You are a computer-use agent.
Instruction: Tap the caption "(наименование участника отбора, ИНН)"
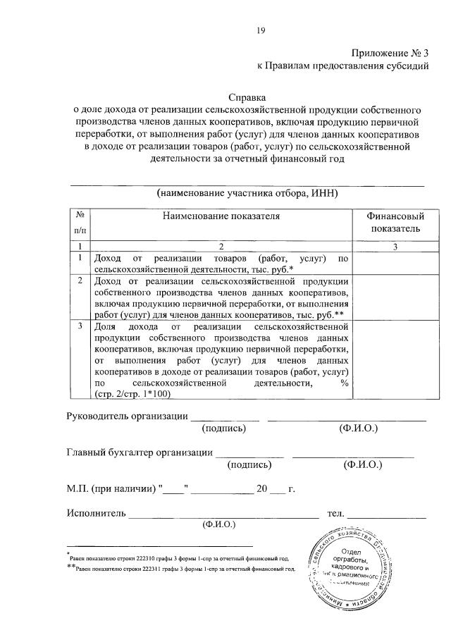pos(248,192)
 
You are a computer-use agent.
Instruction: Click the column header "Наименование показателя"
pos(221,216)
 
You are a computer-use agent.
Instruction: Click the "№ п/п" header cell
pos(81,223)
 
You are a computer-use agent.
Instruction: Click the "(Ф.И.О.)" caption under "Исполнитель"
pos(218,524)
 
